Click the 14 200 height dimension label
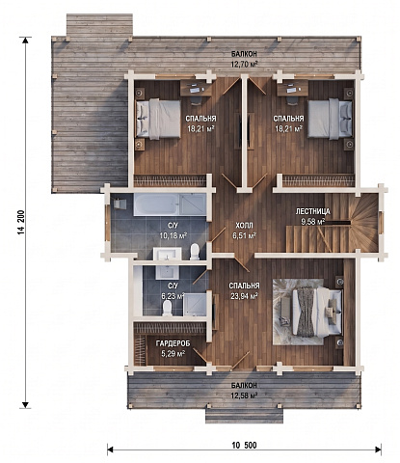click(21, 223)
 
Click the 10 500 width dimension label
click(245, 446)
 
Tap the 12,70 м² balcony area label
click(245, 64)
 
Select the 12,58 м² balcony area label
click(245, 395)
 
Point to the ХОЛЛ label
click(244, 226)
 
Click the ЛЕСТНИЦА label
click(312, 211)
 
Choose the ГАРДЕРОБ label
click(173, 343)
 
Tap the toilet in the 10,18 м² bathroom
click(195, 252)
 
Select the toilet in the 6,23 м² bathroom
click(167, 309)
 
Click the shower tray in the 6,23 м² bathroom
click(195, 305)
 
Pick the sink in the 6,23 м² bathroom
click(168, 272)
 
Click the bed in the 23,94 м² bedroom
click(316, 312)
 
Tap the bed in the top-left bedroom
click(158, 119)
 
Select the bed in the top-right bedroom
click(330, 119)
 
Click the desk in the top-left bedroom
click(196, 88)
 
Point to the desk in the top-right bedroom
click(293, 88)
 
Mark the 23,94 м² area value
click(244, 296)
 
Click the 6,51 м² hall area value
click(244, 235)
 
